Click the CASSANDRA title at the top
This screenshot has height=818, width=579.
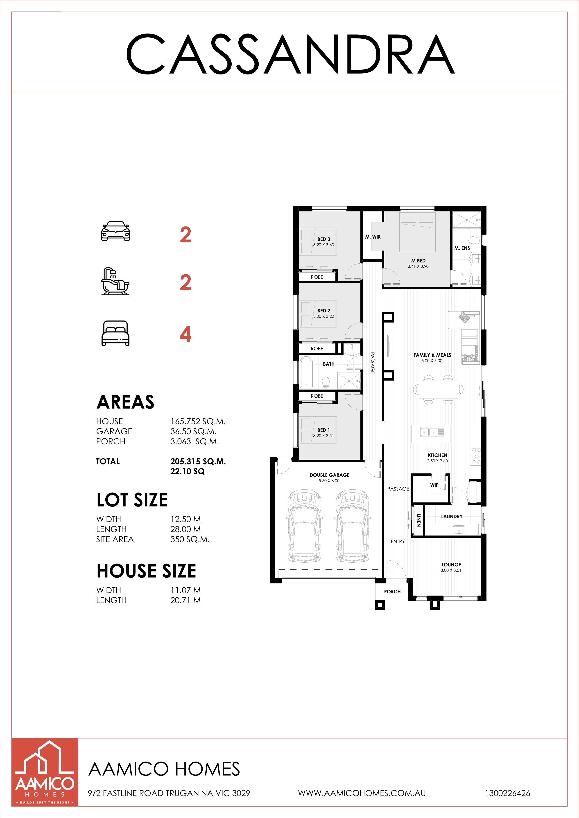(291, 54)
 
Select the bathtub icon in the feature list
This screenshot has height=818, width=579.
(115, 281)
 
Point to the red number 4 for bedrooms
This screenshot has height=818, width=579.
(185, 334)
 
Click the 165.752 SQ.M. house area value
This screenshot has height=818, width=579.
(198, 421)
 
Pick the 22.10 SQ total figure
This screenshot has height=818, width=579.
(188, 471)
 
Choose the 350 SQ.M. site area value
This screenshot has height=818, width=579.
(190, 539)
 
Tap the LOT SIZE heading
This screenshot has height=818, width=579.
(132, 500)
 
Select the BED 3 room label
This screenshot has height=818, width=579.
(324, 239)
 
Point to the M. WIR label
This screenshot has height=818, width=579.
(373, 237)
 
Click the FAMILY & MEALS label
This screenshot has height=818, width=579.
(432, 355)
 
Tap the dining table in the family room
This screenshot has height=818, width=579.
(438, 389)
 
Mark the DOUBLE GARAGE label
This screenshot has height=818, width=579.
(329, 475)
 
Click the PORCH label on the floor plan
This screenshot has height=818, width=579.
(392, 592)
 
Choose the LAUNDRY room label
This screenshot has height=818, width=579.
(452, 516)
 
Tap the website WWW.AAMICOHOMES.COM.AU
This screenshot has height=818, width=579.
(362, 793)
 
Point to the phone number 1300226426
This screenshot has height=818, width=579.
(507, 793)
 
